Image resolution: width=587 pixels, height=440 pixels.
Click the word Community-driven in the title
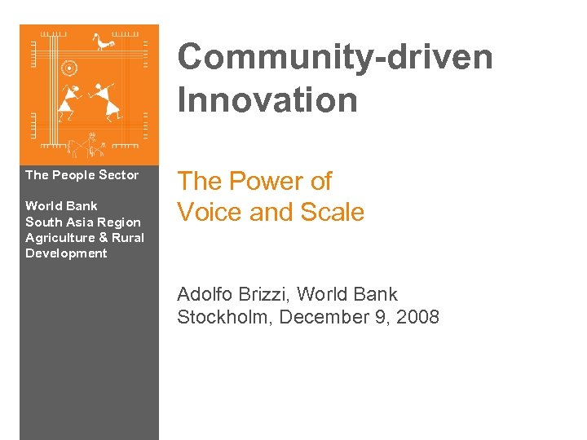[x=335, y=59]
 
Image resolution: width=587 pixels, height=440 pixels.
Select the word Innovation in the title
[x=267, y=101]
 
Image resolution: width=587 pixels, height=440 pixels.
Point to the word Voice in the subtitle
[x=210, y=212]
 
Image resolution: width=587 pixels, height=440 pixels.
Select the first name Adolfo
[x=207, y=294]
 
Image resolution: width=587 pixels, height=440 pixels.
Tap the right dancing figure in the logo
[x=103, y=99]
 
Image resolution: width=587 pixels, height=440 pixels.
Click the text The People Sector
[x=82, y=175]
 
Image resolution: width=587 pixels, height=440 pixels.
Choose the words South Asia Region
[x=82, y=222]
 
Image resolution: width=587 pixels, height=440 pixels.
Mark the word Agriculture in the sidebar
[x=60, y=237]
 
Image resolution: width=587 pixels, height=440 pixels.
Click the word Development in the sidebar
[x=66, y=253]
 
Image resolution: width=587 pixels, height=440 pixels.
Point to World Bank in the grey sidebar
[x=61, y=205]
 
